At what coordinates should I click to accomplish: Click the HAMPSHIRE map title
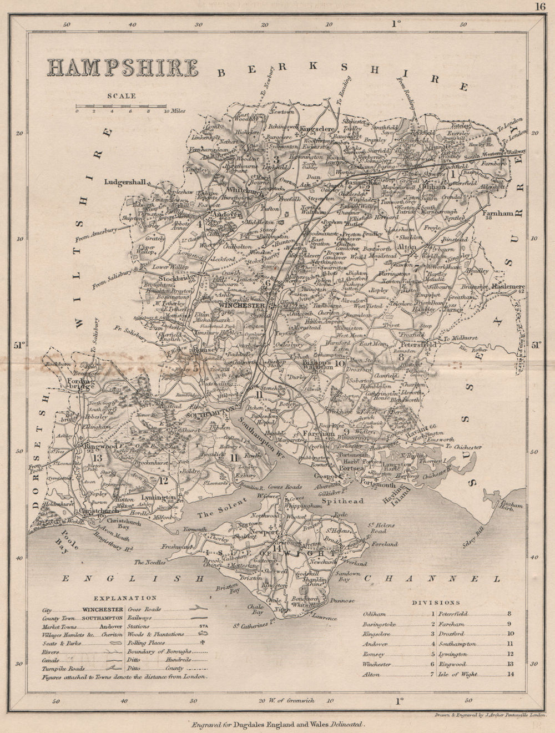[123, 67]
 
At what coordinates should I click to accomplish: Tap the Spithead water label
[348, 501]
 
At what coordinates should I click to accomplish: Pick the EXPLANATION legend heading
[125, 598]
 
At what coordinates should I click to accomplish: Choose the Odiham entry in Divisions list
[374, 614]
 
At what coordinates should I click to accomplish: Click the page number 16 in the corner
[541, 7]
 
